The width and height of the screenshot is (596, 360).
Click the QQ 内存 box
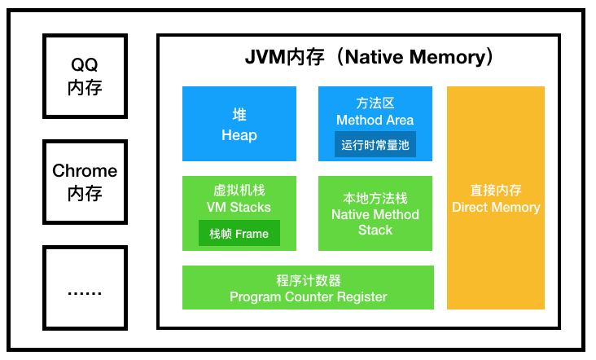(x=85, y=76)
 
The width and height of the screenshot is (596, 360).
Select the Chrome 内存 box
(x=85, y=181)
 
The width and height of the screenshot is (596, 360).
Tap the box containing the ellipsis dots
(x=85, y=286)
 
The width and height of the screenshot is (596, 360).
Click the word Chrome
(x=85, y=171)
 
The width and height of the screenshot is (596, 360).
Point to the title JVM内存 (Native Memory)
(x=370, y=58)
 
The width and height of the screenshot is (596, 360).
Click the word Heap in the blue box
(x=239, y=135)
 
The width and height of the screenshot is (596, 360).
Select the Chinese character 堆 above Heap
(x=239, y=115)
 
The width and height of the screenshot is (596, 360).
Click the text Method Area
(x=375, y=120)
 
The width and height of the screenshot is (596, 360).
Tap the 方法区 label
(x=375, y=103)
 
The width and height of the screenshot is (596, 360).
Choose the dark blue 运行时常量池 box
(x=375, y=143)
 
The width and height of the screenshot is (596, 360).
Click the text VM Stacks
(x=239, y=207)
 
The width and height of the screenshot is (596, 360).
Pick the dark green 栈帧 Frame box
(x=239, y=234)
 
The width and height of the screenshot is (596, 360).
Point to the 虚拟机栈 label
(x=239, y=191)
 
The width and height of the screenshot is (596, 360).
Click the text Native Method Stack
(x=375, y=222)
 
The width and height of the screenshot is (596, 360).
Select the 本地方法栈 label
(x=375, y=199)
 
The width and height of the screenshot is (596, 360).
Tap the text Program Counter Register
(x=308, y=296)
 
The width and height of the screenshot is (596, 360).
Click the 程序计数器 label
(x=308, y=280)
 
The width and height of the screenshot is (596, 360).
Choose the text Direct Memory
(x=496, y=207)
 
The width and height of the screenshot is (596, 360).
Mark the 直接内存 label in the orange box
(x=496, y=191)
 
